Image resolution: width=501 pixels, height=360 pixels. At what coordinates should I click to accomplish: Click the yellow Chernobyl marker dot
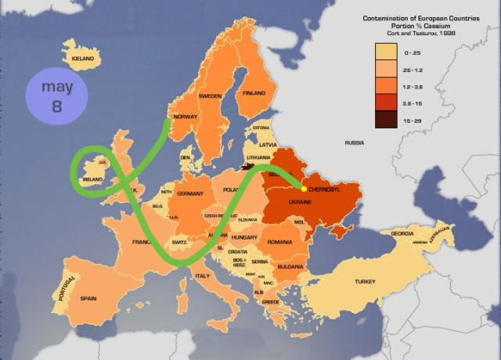point(304,189)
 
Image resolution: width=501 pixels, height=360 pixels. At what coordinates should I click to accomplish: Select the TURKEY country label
point(366,281)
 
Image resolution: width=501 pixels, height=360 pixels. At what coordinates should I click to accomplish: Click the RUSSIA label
point(355,143)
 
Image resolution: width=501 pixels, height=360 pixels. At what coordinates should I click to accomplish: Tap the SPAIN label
point(88,298)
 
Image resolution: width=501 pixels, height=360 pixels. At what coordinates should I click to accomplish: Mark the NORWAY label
point(185,117)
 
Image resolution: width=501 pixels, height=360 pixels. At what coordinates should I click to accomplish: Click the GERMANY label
point(190,193)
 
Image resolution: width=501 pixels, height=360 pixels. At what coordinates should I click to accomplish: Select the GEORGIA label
point(402,234)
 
